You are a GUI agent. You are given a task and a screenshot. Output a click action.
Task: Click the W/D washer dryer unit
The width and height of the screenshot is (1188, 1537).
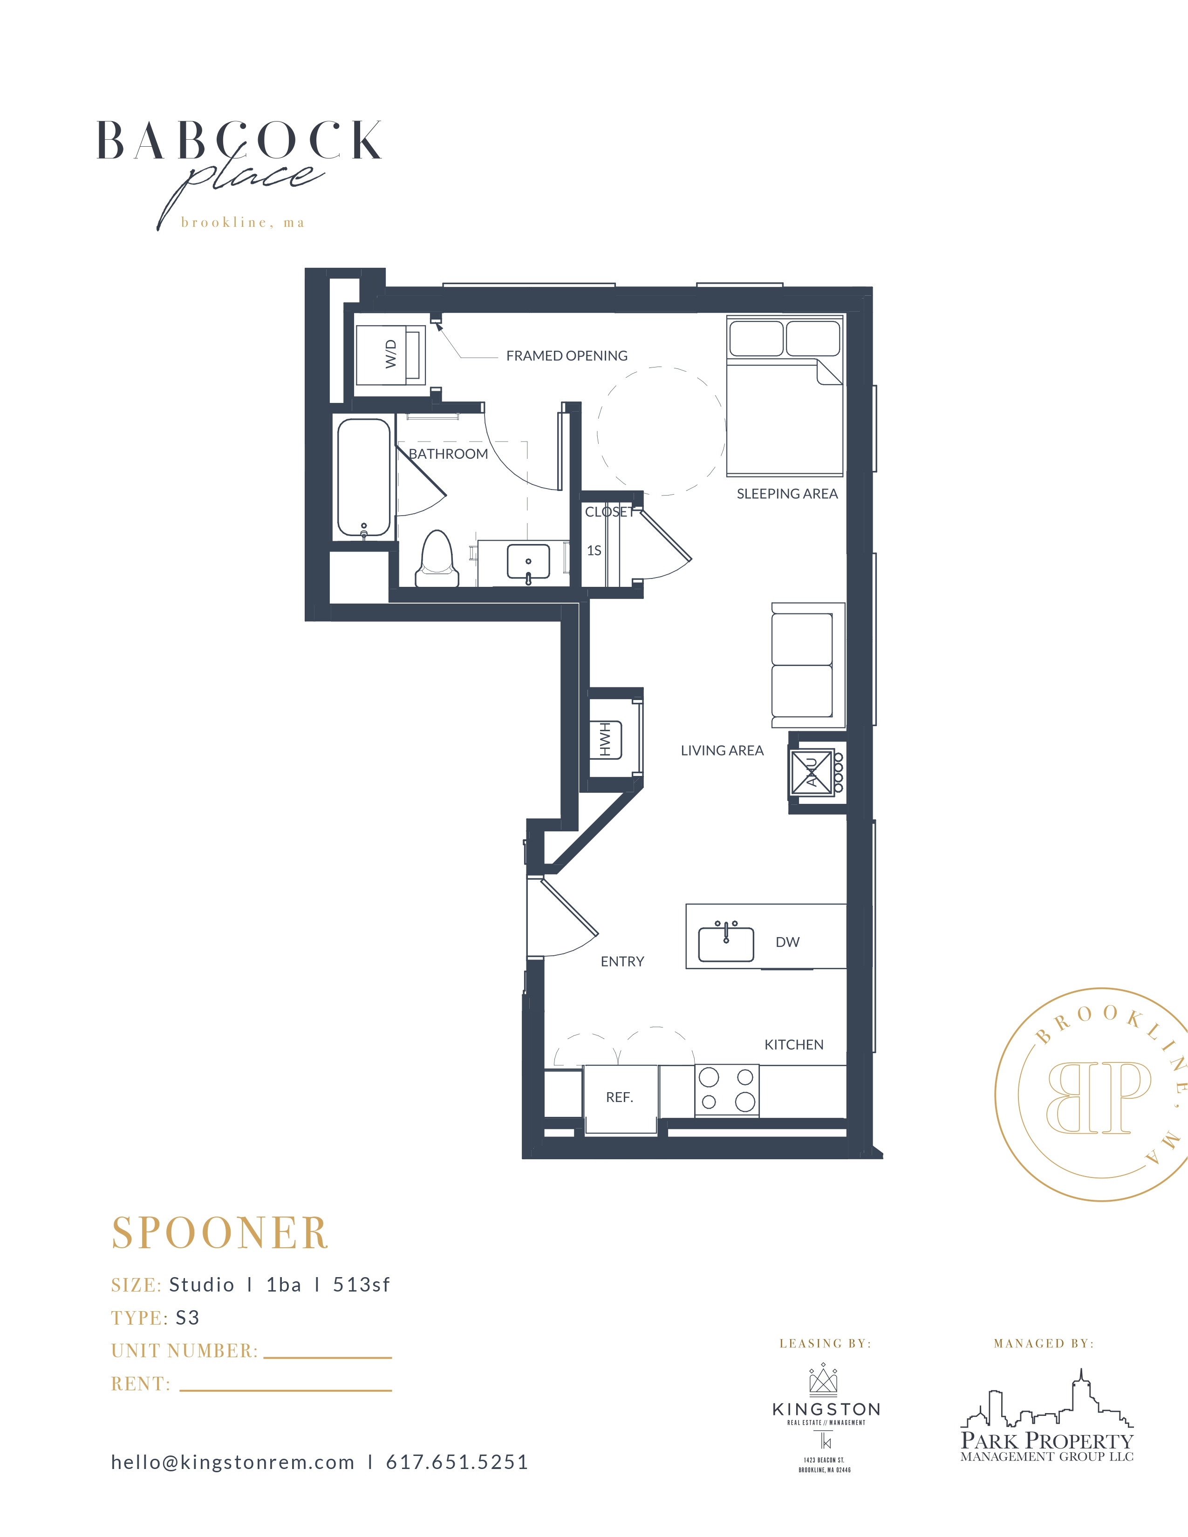390,355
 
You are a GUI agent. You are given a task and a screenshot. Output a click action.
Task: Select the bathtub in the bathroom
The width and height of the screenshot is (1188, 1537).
364,478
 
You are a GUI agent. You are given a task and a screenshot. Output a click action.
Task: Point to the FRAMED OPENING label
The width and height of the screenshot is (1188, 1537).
567,356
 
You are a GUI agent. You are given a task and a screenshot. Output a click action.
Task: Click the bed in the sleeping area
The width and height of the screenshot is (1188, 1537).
785,395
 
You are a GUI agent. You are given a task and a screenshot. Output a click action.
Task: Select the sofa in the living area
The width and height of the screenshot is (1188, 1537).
808,666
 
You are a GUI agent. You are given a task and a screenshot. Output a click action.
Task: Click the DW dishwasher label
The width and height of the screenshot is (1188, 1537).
787,942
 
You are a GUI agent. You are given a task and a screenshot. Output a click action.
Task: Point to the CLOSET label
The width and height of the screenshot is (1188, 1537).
609,512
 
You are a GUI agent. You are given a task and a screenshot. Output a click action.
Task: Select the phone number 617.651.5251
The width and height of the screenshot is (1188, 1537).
457,1462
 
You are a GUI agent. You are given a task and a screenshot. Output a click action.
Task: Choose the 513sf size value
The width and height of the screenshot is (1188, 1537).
361,1285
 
